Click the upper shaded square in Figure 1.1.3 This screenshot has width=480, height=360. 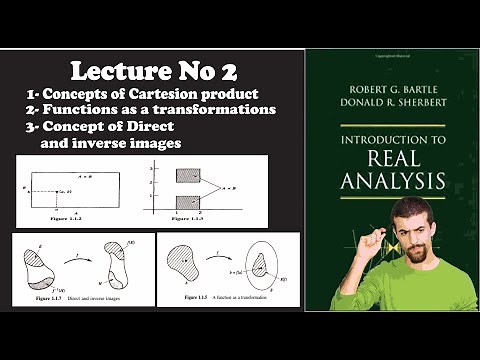point(188,175)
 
